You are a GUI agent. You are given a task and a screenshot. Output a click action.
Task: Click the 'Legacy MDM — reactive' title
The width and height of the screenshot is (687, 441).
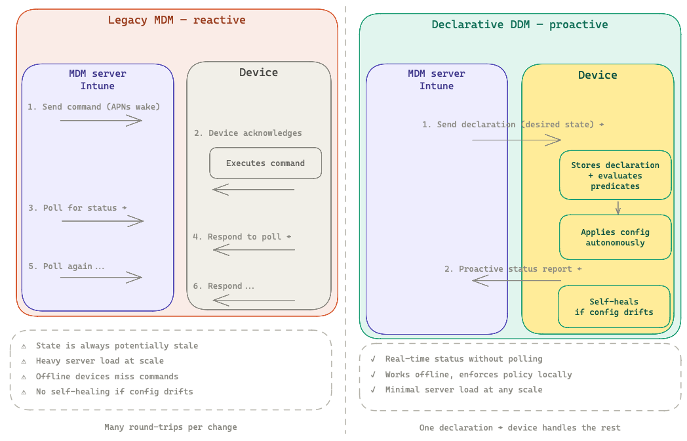pyautogui.click(x=176, y=20)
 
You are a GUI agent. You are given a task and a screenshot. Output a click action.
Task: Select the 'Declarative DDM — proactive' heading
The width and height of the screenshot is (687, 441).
pyautogui.click(x=519, y=25)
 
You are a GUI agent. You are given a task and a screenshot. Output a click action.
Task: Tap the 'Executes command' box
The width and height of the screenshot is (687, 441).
pyautogui.click(x=265, y=163)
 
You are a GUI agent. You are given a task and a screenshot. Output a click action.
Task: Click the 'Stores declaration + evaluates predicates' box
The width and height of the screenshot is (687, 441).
pyautogui.click(x=615, y=175)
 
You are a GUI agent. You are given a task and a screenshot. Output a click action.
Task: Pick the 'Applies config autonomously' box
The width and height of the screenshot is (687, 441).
pyautogui.click(x=615, y=237)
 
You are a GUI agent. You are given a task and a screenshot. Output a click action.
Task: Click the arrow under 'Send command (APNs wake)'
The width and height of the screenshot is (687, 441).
pyautogui.click(x=101, y=120)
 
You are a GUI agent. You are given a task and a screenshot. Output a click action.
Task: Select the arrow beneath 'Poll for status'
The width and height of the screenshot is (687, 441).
pyautogui.click(x=102, y=221)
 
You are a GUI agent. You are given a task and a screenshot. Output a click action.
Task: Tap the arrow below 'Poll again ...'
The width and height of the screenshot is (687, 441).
pyautogui.click(x=101, y=278)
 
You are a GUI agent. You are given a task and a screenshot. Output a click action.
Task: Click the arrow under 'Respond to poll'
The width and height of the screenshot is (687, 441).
pyautogui.click(x=254, y=249)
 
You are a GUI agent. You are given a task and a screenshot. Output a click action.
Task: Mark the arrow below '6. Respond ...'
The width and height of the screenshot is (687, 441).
pyautogui.click(x=254, y=301)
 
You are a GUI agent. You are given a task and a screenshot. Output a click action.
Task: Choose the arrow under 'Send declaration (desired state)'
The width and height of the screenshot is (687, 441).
pyautogui.click(x=516, y=140)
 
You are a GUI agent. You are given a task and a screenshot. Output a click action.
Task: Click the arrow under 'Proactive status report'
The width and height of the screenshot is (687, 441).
pyautogui.click(x=516, y=281)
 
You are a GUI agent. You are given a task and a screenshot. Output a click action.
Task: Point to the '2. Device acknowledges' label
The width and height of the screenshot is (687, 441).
pyautogui.click(x=248, y=133)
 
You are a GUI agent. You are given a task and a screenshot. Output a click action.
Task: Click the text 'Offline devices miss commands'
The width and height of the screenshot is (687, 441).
pyautogui.click(x=107, y=376)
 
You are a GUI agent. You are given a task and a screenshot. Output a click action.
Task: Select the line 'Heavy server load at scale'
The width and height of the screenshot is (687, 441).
pyautogui.click(x=100, y=360)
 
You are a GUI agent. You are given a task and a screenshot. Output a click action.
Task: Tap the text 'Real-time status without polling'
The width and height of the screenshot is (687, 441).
pyautogui.click(x=463, y=359)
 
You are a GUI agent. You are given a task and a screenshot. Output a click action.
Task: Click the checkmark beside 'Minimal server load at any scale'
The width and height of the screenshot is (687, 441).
pyautogui.click(x=373, y=390)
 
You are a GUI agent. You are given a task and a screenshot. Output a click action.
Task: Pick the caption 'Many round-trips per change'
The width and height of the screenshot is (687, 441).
pyautogui.click(x=170, y=427)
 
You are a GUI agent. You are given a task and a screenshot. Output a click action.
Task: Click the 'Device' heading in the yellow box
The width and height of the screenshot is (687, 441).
pyautogui.click(x=597, y=75)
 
